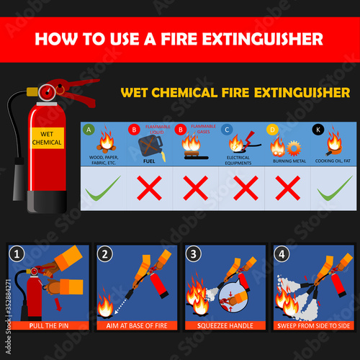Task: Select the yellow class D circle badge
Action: tap(272, 130)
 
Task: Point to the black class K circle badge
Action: tap(318, 130)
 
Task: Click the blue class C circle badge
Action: tap(227, 130)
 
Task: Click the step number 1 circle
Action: tap(17, 253)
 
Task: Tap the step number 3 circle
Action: tap(192, 253)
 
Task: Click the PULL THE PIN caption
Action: tap(49, 325)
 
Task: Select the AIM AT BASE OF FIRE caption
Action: tap(136, 325)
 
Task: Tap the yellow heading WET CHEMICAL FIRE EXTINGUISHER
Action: tap(234, 92)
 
